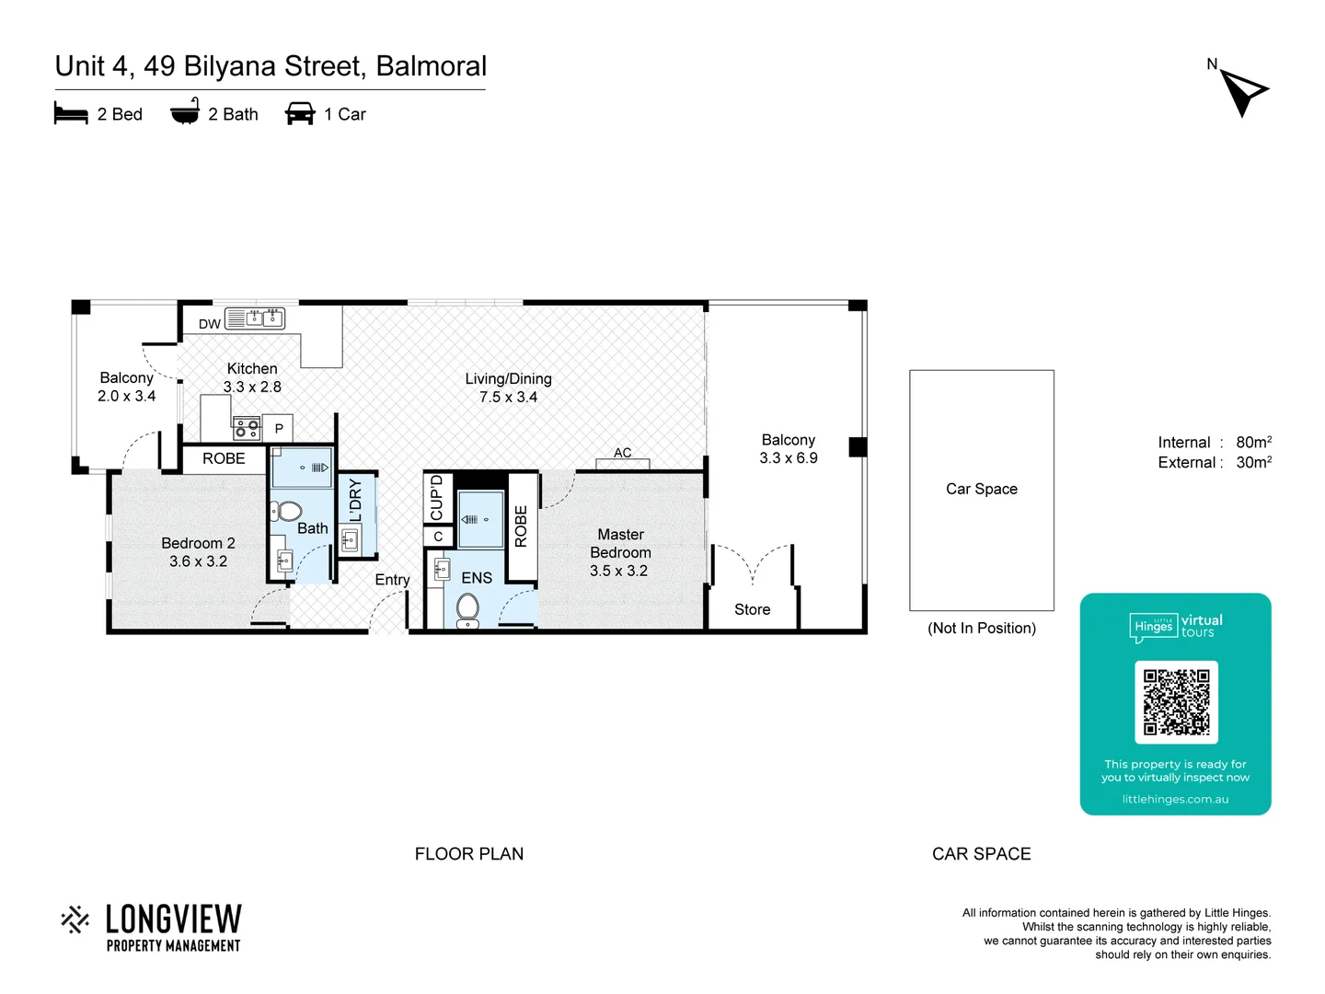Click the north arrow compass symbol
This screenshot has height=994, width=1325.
click(x=1243, y=90)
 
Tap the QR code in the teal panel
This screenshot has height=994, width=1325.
click(x=1176, y=701)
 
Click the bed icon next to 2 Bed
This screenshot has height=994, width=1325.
click(x=71, y=114)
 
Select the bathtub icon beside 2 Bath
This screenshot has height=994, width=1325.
click(x=185, y=111)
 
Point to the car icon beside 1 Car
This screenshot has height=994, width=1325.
click(x=300, y=114)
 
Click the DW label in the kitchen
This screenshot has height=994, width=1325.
click(x=209, y=324)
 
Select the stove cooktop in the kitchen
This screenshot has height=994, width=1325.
click(x=246, y=427)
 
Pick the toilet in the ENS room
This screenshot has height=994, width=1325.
click(x=468, y=608)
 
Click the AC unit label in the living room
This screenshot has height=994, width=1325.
click(x=623, y=453)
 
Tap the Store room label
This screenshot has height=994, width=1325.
click(x=752, y=609)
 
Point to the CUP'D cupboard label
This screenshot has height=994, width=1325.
click(x=437, y=497)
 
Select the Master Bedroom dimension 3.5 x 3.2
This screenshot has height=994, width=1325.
click(x=618, y=571)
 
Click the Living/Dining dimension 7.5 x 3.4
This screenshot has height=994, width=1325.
click(x=508, y=397)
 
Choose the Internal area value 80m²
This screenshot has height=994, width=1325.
click(x=1253, y=443)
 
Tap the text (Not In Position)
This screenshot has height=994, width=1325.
click(x=981, y=628)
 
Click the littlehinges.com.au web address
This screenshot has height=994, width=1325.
click(x=1175, y=799)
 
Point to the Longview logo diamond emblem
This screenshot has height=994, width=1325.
click(x=75, y=919)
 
